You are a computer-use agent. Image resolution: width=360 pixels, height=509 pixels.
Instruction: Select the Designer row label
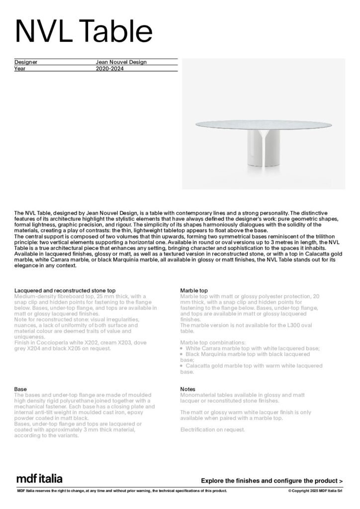pyautogui.click(x=26, y=62)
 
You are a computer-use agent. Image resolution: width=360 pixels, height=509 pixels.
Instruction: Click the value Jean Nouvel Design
pyautogui.click(x=121, y=62)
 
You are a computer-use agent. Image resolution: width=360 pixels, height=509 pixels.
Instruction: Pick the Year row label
pyautogui.click(x=20, y=69)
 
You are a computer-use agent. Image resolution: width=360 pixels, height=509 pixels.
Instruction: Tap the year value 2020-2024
pyautogui.click(x=109, y=69)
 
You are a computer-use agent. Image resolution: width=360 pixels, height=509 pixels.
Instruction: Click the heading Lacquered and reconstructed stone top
pyautogui.click(x=65, y=290)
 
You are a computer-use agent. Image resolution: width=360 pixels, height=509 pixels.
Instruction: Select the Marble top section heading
pyautogui.click(x=194, y=290)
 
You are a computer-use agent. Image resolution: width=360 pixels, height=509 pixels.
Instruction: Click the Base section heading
pyautogui.click(x=20, y=389)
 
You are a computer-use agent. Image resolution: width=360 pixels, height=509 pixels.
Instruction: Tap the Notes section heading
pyautogui.click(x=187, y=389)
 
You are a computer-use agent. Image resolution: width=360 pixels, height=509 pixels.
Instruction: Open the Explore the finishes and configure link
pyautogui.click(x=271, y=481)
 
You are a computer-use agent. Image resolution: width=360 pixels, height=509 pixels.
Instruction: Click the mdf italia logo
pyautogui.click(x=40, y=479)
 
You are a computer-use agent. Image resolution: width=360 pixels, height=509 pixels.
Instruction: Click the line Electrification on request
pyautogui.click(x=212, y=429)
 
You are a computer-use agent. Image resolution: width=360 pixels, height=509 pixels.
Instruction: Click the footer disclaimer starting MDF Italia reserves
pyautogui.click(x=122, y=491)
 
